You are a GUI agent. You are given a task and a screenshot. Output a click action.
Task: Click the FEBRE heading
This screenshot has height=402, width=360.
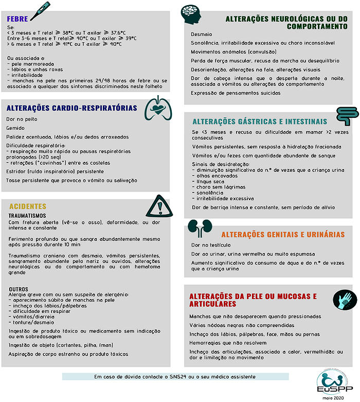point(17,19)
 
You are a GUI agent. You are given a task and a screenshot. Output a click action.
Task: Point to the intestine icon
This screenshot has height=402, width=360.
point(347,117)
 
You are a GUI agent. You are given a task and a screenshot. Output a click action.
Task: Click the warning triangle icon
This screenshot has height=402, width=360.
point(157,207)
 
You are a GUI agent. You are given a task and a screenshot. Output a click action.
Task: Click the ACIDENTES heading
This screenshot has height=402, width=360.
point(28,206)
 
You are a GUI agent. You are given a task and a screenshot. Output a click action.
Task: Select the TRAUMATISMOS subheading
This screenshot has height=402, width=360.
point(28,215)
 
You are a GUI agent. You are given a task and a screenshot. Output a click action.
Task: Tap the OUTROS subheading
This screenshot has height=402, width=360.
point(19,289)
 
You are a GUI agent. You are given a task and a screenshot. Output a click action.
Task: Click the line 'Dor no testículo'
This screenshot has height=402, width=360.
point(211,246)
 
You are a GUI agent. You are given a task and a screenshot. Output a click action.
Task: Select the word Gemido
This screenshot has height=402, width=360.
point(15,128)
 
